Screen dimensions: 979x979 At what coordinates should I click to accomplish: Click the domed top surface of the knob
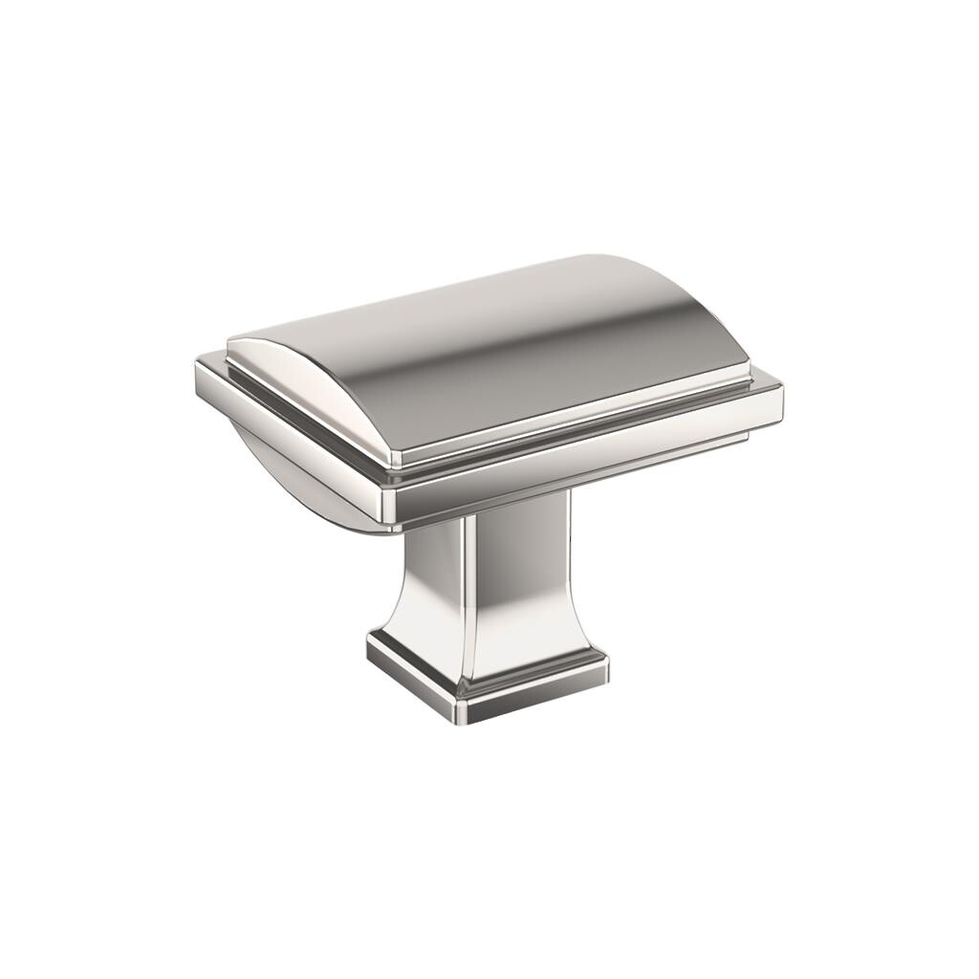[497, 354]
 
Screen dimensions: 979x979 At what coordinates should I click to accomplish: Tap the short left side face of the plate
[287, 430]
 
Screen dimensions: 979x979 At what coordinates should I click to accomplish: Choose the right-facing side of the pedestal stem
[521, 583]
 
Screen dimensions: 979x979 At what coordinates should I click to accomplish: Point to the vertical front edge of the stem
[468, 593]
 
